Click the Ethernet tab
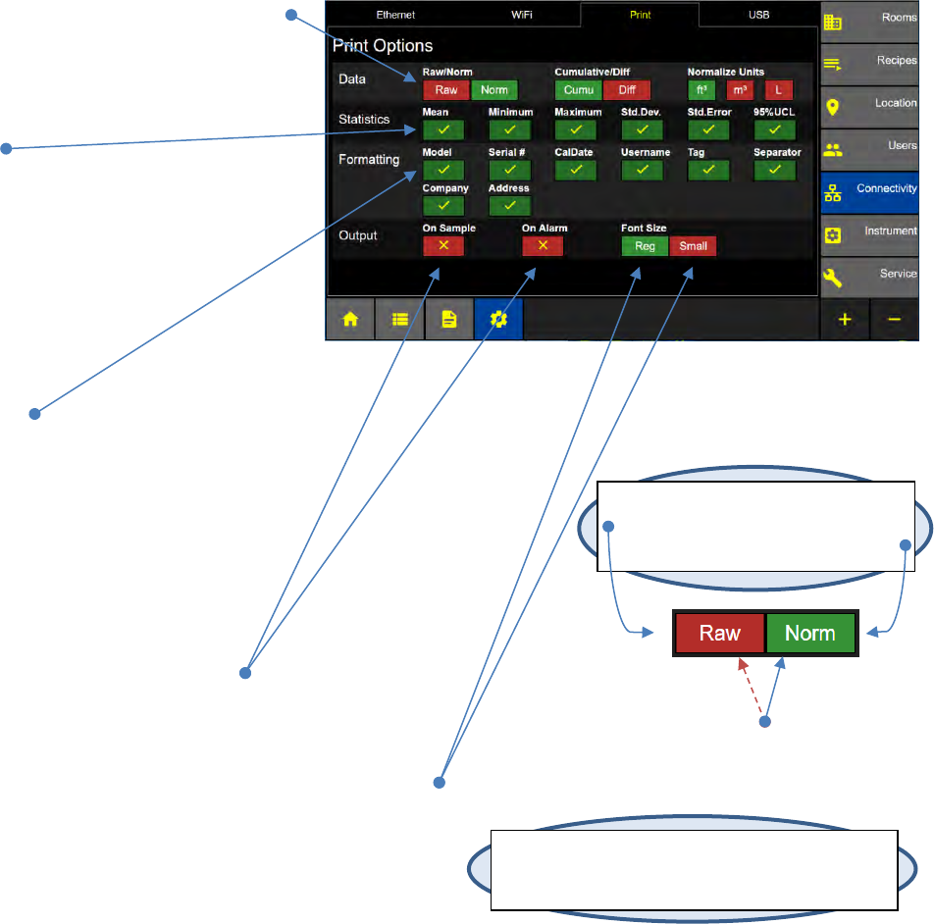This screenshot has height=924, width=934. (395, 16)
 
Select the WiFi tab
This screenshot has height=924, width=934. (522, 16)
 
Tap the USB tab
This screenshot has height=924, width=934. (758, 16)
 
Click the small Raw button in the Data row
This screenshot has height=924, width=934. (445, 90)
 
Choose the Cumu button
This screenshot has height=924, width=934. (578, 90)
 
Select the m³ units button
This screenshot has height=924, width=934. (740, 90)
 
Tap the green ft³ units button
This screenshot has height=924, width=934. (701, 90)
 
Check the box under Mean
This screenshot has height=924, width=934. (443, 129)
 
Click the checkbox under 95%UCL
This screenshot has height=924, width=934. (774, 129)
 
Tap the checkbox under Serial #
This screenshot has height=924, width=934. (509, 170)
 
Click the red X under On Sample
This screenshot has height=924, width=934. (443, 246)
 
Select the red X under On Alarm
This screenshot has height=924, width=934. (543, 246)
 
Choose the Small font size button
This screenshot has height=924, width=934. (693, 246)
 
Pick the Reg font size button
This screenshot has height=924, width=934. (645, 246)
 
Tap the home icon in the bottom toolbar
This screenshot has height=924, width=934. (350, 320)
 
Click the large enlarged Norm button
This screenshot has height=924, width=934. (809, 633)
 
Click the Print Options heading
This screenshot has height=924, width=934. (383, 46)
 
